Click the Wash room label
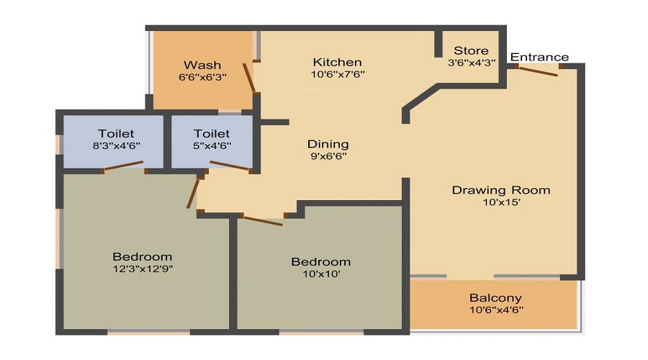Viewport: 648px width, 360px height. coord(202,65)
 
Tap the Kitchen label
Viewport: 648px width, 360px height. coord(337,62)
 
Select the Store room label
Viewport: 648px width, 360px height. coord(471,50)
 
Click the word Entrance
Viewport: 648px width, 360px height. coord(539,57)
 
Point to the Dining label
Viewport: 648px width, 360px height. coord(328,144)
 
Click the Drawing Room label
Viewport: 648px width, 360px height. coord(501,190)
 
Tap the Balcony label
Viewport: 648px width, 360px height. coord(495,297)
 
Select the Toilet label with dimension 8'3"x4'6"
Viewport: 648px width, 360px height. coord(116,133)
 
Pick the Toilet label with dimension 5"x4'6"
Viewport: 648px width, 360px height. coord(212,133)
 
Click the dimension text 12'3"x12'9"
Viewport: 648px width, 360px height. coord(143,269)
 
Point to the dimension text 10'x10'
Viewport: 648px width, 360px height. coord(320,274)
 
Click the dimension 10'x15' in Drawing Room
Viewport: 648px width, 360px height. coord(501,202)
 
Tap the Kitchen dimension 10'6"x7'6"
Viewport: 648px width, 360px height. coord(337,74)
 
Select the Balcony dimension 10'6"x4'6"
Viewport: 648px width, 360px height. coord(495,310)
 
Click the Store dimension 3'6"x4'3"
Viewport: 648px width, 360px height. coord(471,63)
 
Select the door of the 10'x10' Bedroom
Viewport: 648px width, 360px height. coord(262,219)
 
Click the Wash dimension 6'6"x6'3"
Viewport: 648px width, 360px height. coord(202,77)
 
